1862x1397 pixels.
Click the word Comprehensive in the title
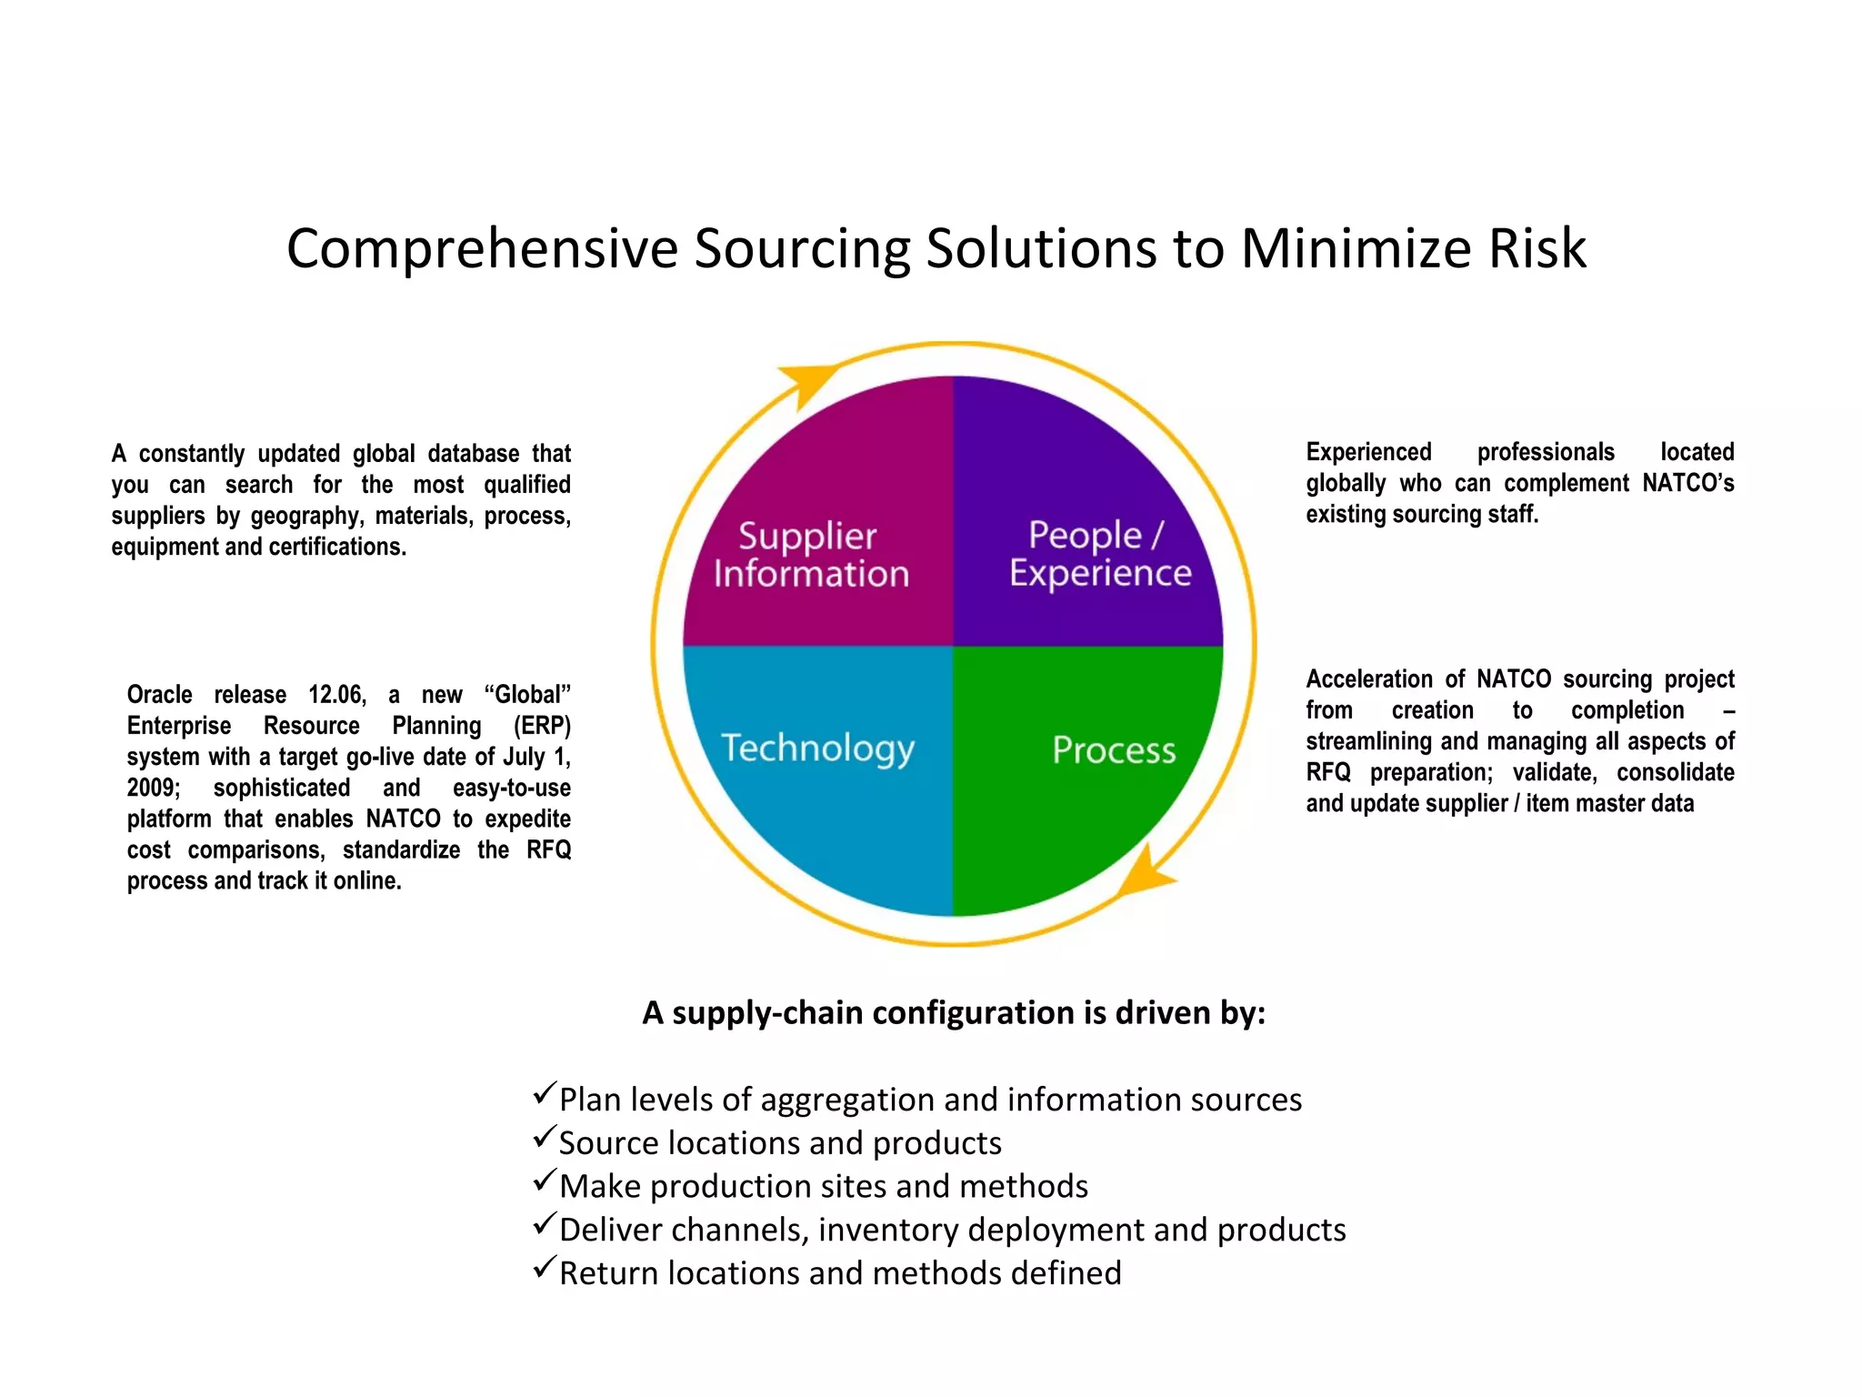[482, 248]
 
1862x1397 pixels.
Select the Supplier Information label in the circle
[809, 555]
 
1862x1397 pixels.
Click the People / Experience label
[1099, 554]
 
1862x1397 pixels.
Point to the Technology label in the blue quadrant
[817, 749]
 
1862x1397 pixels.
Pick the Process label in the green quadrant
[1114, 750]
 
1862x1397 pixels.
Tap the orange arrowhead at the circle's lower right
[1145, 873]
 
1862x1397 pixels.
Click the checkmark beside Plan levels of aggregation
[545, 1093]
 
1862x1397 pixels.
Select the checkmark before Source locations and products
[545, 1137]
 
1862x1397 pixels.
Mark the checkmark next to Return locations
[545, 1267]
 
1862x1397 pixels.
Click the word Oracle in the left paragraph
[159, 695]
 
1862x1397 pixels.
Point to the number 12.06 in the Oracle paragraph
[336, 695]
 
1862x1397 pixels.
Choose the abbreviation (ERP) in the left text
[542, 726]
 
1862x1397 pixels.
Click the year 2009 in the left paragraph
[153, 788]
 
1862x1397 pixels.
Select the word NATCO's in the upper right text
[1687, 483]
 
